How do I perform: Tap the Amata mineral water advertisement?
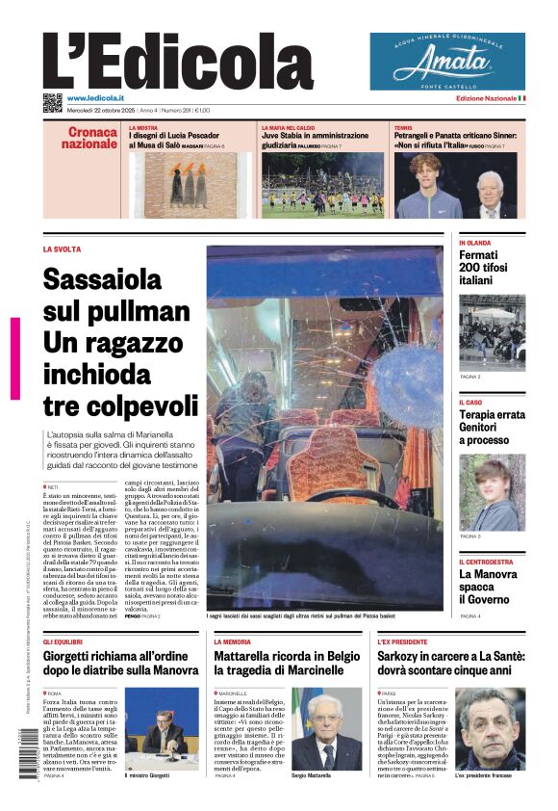[447, 62]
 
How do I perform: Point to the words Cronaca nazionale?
[89, 138]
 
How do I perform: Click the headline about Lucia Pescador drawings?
[183, 140]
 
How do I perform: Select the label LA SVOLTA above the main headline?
[62, 249]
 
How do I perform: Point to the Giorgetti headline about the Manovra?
[120, 663]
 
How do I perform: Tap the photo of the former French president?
[490, 728]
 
